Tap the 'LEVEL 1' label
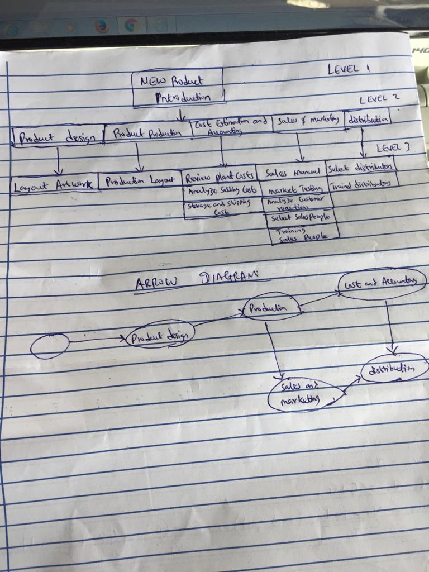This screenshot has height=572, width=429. (349, 69)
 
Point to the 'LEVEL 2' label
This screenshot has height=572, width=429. (379, 99)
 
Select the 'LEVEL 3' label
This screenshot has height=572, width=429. (393, 148)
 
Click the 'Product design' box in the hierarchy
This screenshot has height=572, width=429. (58, 136)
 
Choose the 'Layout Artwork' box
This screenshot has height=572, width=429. (54, 185)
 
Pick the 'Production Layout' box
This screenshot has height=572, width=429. (140, 180)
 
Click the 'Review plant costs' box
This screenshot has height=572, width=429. (220, 178)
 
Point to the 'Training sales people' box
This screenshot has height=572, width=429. (303, 234)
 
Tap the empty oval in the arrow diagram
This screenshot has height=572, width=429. (50, 346)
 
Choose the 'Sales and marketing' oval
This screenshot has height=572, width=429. (302, 393)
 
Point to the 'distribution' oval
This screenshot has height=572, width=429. (394, 369)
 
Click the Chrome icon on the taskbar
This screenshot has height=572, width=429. (131, 25)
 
